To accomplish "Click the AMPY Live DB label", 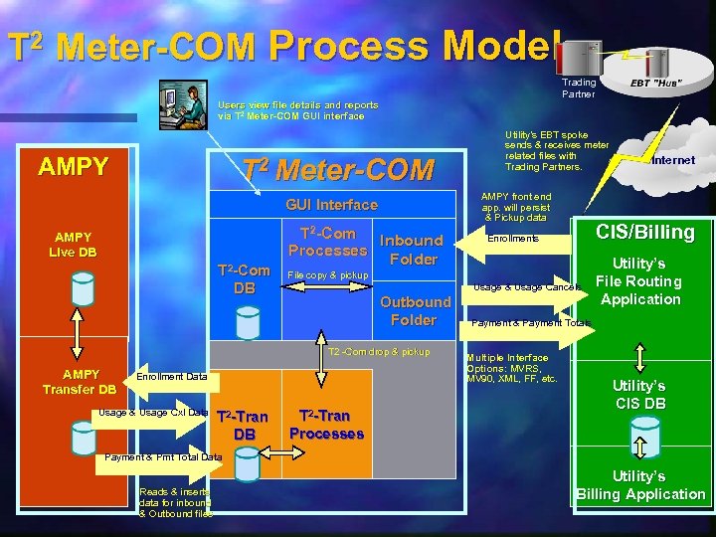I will click(x=73, y=245).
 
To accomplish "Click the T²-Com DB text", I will click(x=244, y=279).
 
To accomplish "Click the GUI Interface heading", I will click(x=331, y=204).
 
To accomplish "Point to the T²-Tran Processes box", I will click(x=325, y=425).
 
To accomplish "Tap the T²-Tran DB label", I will click(x=243, y=425).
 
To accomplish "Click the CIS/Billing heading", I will click(x=644, y=233).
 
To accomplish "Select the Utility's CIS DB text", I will click(x=639, y=394).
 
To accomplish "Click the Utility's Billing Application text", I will click(x=640, y=485).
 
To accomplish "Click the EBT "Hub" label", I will click(x=655, y=83).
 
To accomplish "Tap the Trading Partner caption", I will click(x=578, y=88).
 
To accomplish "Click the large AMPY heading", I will click(x=73, y=166).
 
